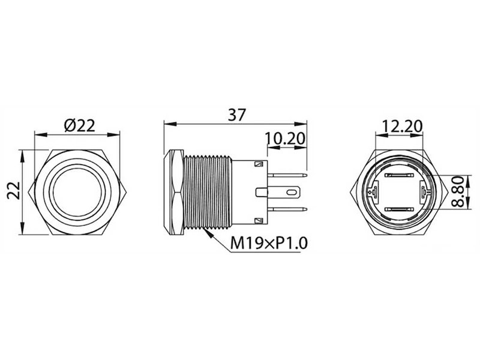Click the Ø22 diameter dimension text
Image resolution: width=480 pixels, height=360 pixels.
click(79, 125)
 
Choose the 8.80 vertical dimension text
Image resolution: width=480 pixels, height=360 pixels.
click(459, 192)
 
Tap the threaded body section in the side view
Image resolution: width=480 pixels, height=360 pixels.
click(208, 192)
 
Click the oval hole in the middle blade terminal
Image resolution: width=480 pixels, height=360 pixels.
click(293, 193)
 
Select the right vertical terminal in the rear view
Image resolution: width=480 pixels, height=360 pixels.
click(425, 192)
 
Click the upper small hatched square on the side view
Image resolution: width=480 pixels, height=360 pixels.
click(259, 164)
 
